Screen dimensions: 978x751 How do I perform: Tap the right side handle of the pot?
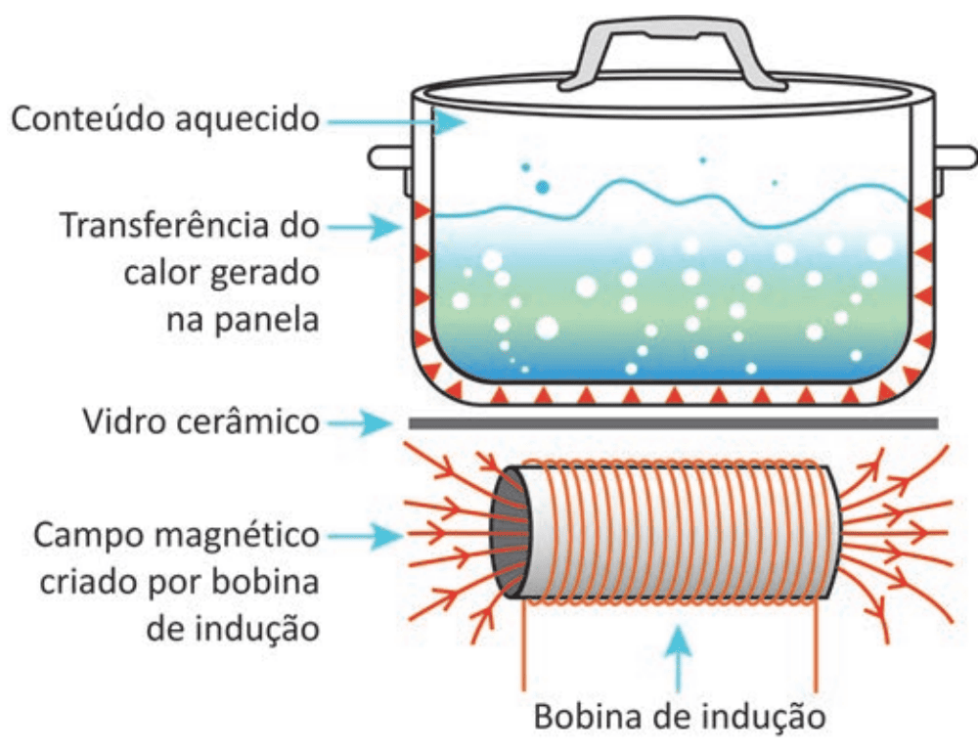[955, 157]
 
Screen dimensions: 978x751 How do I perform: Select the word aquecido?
[247, 119]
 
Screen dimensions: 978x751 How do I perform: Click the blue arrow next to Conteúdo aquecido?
[397, 121]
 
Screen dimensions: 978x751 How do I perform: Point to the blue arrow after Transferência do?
[366, 227]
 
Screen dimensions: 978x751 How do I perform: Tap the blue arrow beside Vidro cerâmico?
[361, 423]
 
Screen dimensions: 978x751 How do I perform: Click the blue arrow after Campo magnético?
[366, 536]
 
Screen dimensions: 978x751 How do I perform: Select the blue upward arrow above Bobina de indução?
[679, 660]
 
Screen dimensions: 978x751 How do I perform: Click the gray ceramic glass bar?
[674, 423]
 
